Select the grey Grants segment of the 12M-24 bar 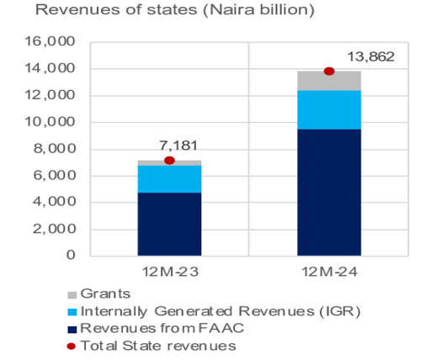point(329,81)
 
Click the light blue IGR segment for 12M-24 point(329,109)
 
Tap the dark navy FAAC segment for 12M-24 point(329,192)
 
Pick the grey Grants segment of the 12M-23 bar point(169,162)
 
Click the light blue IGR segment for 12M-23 point(169,179)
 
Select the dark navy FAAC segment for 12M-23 point(169,224)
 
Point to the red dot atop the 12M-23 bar point(169,161)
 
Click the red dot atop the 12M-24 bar point(329,71)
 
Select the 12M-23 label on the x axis point(169,273)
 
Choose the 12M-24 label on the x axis point(329,273)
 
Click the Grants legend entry point(101,294)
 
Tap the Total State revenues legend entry point(146,345)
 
